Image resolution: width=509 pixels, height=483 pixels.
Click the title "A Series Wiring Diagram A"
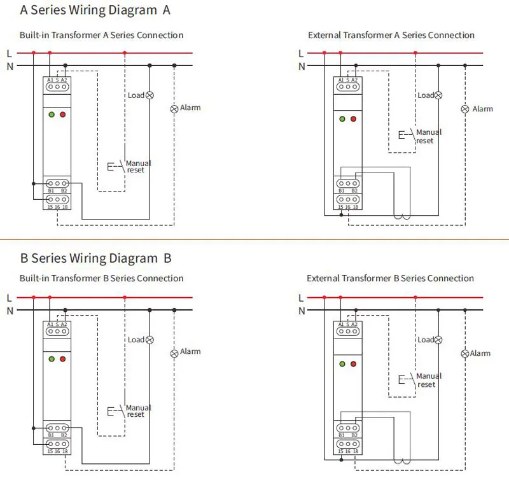(95, 10)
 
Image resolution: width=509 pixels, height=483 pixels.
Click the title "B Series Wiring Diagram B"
(96, 258)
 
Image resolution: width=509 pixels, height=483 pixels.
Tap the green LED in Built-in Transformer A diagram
(51, 115)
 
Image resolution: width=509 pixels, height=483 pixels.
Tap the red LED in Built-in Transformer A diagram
(62, 115)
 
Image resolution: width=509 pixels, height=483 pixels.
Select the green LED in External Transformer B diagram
(342, 364)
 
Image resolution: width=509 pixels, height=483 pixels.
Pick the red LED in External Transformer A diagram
(354, 119)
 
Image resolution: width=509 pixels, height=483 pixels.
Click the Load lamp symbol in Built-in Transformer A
(150, 95)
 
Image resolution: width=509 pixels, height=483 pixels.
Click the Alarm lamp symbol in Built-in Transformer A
(174, 109)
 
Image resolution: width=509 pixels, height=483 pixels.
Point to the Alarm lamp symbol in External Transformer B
(464, 353)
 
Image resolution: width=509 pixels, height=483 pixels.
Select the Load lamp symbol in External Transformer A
(438, 95)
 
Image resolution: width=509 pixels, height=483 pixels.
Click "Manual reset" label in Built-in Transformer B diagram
(138, 411)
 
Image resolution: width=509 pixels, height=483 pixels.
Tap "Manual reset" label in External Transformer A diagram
(428, 136)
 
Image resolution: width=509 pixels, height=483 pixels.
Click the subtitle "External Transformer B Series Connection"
(390, 278)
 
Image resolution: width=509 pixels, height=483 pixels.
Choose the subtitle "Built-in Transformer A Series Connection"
(101, 35)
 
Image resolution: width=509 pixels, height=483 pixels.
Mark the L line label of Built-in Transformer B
(9, 298)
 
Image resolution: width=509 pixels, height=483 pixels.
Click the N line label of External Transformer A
(302, 66)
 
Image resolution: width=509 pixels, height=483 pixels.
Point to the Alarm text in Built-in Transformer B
(190, 351)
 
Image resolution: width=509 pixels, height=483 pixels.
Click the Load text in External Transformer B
(425, 340)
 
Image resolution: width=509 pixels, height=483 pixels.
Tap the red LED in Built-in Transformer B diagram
(62, 359)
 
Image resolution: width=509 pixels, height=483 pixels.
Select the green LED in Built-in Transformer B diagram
(51, 359)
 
